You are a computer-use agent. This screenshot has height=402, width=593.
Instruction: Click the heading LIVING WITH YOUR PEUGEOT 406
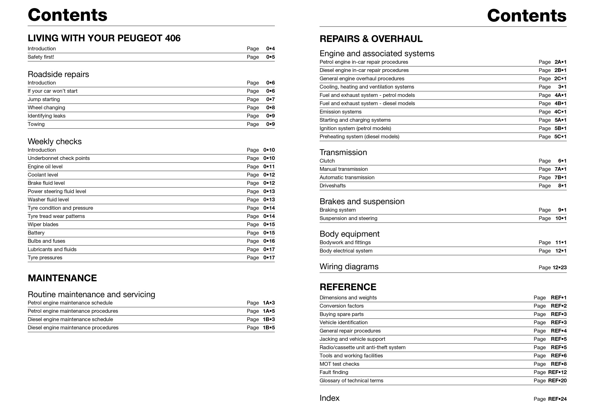pyautogui.click(x=104, y=38)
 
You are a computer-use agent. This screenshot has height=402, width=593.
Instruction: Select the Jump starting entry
pyautogui.click(x=44, y=99)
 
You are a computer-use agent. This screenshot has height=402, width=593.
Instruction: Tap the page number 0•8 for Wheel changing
pyautogui.click(x=270, y=108)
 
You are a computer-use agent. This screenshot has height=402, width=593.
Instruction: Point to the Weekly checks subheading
pyautogui.click(x=55, y=141)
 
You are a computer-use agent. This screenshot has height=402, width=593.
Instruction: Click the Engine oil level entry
pyautogui.click(x=45, y=167)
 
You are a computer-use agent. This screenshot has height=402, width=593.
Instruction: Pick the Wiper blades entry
pyautogui.click(x=43, y=224)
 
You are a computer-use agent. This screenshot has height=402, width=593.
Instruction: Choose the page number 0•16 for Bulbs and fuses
pyautogui.click(x=269, y=241)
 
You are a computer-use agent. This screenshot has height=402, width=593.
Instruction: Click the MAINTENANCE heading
pyautogui.click(x=62, y=278)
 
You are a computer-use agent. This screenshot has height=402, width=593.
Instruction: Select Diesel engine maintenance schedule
pyautogui.click(x=70, y=320)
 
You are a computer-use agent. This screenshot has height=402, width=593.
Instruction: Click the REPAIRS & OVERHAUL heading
pyautogui.click(x=371, y=39)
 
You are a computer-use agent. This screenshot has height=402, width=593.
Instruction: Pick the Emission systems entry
pyautogui.click(x=340, y=112)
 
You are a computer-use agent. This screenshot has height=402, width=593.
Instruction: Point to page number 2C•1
pyautogui.click(x=560, y=79)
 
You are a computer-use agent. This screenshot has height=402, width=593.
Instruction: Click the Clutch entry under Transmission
pyautogui.click(x=327, y=161)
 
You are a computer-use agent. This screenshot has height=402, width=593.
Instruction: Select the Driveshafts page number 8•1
pyautogui.click(x=562, y=186)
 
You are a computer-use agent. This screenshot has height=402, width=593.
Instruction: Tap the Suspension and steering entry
pyautogui.click(x=348, y=218)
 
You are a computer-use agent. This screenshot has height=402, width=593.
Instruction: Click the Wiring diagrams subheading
pyautogui.click(x=349, y=266)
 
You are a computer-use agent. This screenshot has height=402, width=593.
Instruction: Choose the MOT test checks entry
pyautogui.click(x=339, y=364)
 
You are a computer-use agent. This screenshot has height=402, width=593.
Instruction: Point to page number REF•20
pyautogui.click(x=557, y=381)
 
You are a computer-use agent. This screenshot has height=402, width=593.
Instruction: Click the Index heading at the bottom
pyautogui.click(x=329, y=398)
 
